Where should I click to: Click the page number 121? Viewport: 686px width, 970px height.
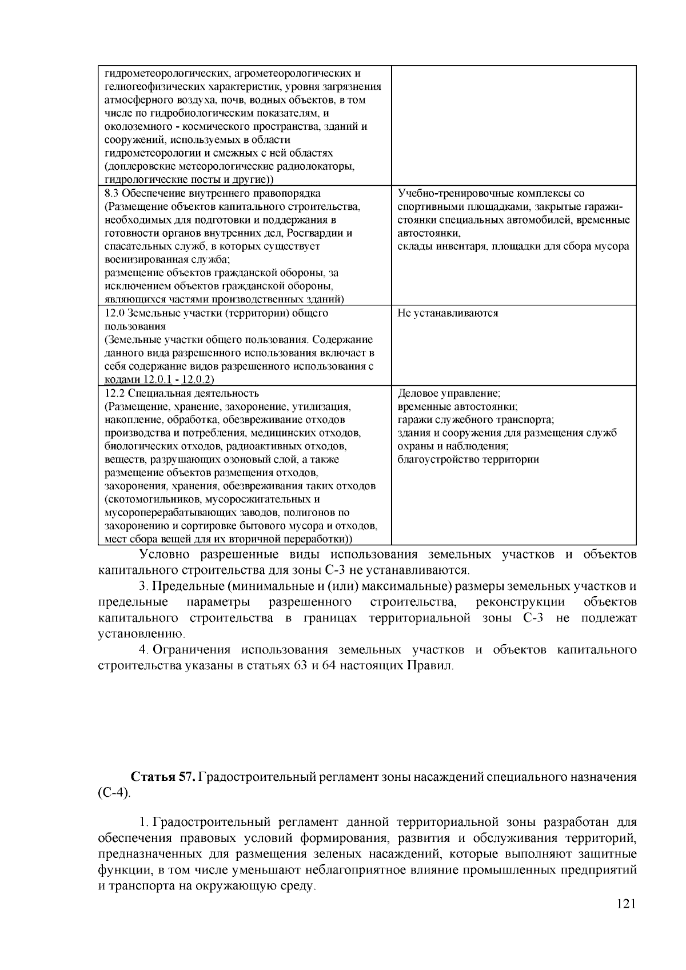(627, 904)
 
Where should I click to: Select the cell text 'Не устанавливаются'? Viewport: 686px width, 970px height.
(448, 313)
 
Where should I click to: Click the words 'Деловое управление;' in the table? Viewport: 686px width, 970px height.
(449, 393)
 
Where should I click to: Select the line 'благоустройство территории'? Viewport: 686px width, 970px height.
(468, 460)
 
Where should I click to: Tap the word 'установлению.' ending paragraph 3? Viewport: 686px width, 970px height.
(142, 634)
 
